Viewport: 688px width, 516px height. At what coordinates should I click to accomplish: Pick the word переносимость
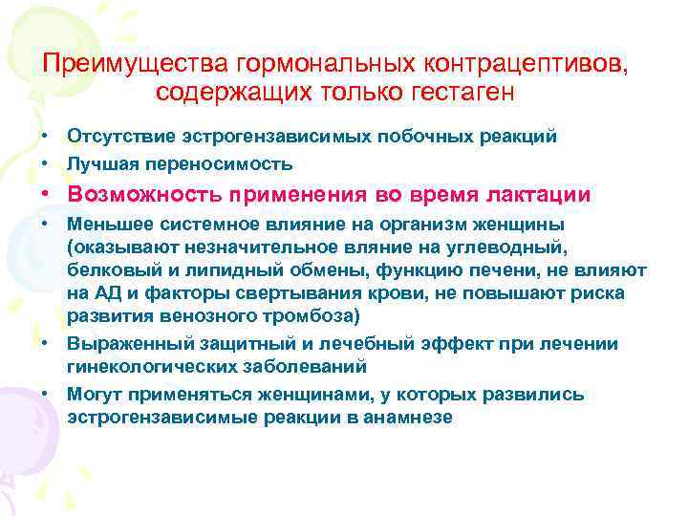(215, 162)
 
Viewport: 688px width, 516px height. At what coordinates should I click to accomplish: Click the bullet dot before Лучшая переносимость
(46, 162)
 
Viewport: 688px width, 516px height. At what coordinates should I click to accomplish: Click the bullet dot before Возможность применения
(46, 194)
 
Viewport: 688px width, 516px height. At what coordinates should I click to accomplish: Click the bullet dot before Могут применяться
(46, 394)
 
